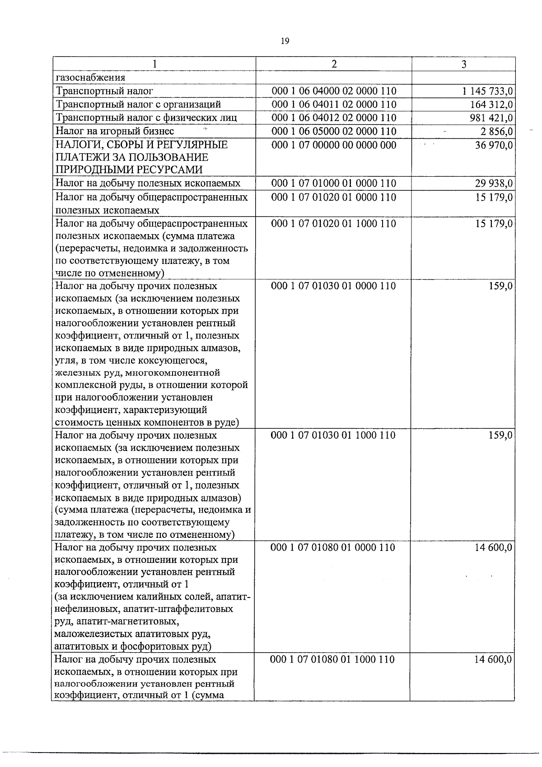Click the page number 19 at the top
(285, 41)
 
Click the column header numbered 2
(334, 64)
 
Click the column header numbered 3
(463, 64)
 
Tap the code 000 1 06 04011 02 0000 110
(334, 104)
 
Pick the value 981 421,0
(491, 118)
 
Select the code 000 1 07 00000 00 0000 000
(334, 145)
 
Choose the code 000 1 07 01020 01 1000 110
(333, 224)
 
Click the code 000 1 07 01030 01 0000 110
(333, 286)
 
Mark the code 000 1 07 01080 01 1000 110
(332, 659)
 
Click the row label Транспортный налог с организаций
(138, 104)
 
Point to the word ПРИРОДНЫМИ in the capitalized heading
(90, 170)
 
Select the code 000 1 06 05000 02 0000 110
(334, 132)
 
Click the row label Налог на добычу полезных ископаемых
(147, 184)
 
